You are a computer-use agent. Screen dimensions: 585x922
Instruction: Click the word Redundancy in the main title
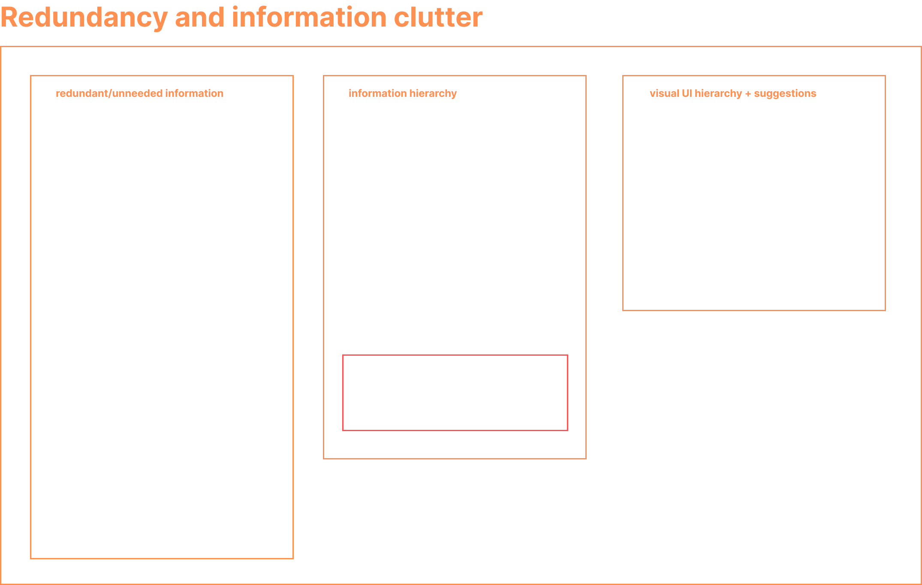point(84,18)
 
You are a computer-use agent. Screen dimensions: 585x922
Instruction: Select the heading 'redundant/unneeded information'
point(139,93)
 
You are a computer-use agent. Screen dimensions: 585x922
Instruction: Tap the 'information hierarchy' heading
point(402,93)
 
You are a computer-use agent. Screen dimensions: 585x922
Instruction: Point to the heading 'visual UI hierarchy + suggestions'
point(732,93)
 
